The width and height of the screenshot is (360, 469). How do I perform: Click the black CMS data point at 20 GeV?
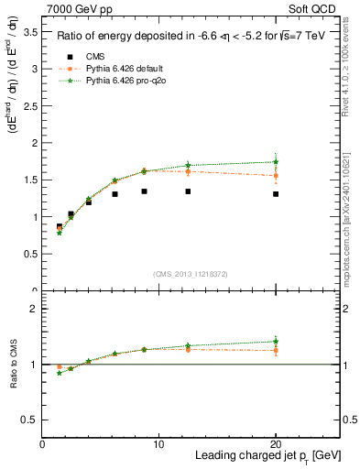276,194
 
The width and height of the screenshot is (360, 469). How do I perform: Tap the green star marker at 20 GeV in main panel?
276,162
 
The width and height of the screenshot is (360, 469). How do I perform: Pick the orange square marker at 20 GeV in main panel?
276,176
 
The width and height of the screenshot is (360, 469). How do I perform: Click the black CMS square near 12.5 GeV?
188,191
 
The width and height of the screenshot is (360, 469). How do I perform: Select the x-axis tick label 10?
158,443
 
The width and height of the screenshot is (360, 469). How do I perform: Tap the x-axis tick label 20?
276,443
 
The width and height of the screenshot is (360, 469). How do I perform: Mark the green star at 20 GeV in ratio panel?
276,341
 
